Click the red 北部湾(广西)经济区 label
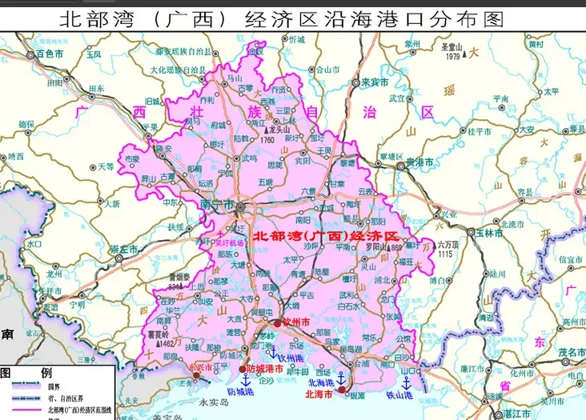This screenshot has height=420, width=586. (325, 237)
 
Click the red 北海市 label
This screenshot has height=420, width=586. (320, 393)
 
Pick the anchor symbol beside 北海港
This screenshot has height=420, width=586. (339, 378)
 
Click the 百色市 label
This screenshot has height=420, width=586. (50, 54)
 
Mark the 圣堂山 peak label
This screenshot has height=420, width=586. (453, 47)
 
